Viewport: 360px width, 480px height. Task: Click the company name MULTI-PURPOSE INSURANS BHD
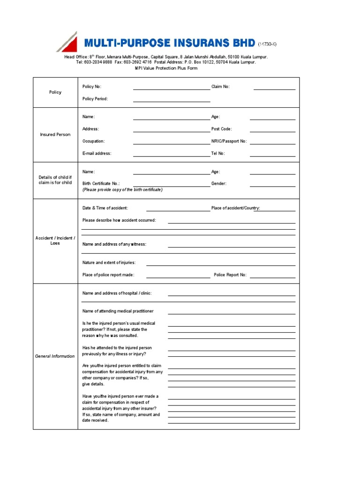169,44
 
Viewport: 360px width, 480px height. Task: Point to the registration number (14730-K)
267,45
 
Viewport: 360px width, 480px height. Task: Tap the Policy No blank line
172,87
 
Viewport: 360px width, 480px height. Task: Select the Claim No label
221,87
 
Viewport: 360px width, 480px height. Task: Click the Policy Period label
95,99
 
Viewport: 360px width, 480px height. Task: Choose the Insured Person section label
55,135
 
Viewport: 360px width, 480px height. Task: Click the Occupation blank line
172,142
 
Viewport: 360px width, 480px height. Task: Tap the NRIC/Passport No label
229,141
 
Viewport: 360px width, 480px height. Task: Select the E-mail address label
97,153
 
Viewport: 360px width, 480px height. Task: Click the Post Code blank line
272,130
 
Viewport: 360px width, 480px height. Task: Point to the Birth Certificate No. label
101,184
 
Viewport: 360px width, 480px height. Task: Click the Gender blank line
272,185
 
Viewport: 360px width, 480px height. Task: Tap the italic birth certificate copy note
122,190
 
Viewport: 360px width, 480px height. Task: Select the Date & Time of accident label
105,208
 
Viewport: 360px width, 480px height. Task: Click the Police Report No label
230,275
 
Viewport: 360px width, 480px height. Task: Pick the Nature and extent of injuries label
109,263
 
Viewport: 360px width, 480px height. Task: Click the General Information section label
55,356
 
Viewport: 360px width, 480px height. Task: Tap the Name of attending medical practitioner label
118,311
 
